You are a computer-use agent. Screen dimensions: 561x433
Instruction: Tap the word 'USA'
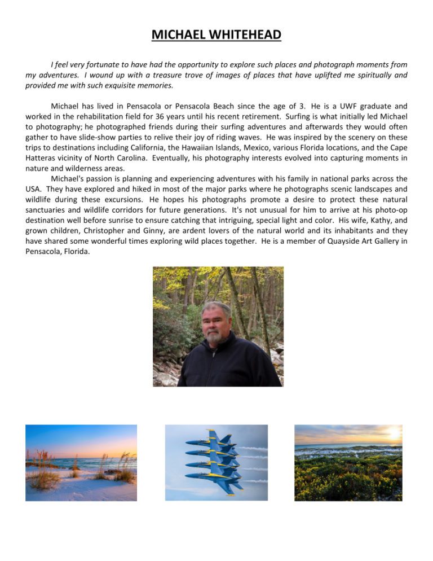(34, 189)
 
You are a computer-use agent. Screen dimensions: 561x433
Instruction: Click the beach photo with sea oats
(81, 463)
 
